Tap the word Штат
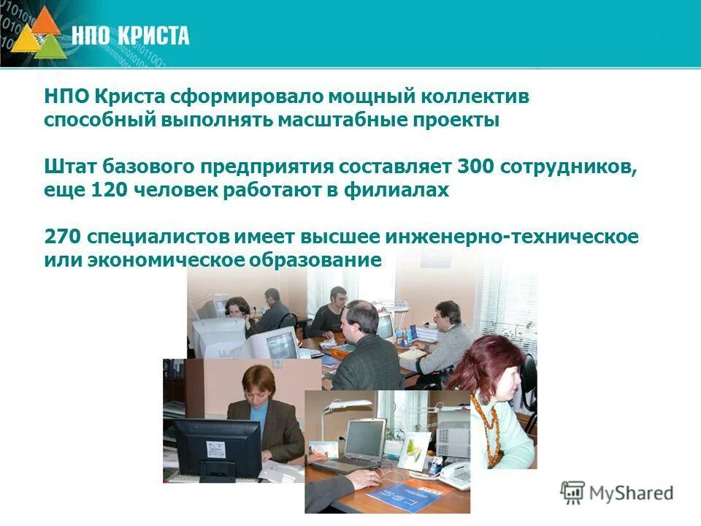click(x=68, y=166)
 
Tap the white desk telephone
click(x=454, y=475)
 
